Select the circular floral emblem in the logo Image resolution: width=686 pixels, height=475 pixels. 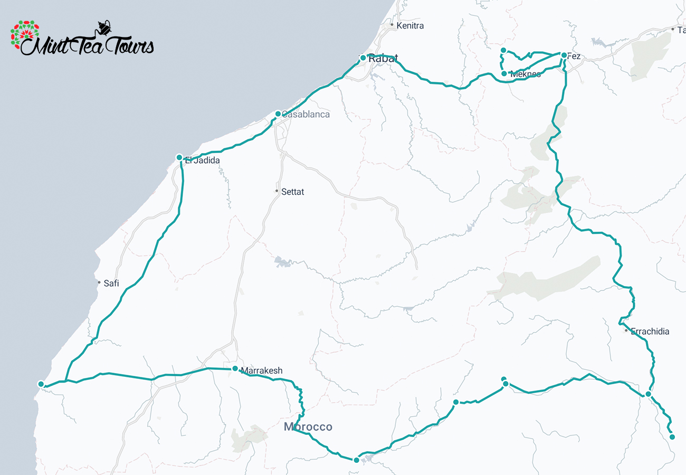click(25, 36)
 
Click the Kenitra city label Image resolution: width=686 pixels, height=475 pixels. click(409, 25)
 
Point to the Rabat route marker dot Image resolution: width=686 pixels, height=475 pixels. click(363, 58)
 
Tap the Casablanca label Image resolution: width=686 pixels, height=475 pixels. click(306, 114)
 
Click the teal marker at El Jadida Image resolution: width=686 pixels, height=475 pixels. click(179, 157)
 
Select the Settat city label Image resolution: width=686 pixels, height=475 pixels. click(292, 192)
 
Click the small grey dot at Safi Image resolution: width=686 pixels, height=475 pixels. click(99, 283)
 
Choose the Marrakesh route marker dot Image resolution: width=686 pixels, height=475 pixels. click(235, 368)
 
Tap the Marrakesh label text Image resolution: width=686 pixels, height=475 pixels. click(261, 370)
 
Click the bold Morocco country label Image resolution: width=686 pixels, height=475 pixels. click(308, 426)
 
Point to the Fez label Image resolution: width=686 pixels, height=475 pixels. click(574, 56)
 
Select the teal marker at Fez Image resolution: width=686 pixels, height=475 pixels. click(564, 55)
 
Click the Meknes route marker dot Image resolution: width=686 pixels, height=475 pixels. click(504, 73)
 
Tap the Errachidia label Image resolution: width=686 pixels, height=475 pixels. click(650, 331)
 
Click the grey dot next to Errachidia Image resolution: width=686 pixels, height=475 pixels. click(626, 331)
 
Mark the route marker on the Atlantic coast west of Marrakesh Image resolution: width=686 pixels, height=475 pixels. click(41, 384)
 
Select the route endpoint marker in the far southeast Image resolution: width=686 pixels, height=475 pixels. click(672, 436)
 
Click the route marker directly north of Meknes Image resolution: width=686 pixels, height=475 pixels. click(503, 50)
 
